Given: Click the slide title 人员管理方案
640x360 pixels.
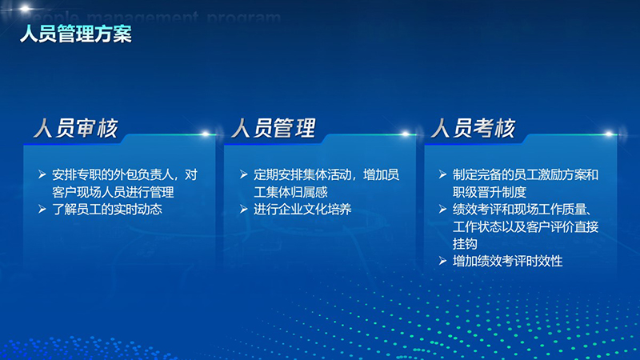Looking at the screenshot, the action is (76, 34).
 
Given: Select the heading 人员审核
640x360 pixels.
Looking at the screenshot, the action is (76, 128).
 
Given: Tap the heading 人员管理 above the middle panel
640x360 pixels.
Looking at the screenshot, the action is (274, 128).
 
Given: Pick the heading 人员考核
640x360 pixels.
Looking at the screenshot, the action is (474, 128).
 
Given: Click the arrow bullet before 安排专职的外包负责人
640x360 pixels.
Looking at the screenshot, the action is (42, 174).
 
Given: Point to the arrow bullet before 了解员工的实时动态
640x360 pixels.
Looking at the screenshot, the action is (42, 210).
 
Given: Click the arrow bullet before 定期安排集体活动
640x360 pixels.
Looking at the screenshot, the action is (244, 174).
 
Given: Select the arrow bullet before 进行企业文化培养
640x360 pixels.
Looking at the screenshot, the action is (244, 210).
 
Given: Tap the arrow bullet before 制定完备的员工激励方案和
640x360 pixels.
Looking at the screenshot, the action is (443, 174).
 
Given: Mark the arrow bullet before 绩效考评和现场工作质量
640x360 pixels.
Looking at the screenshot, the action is (443, 210).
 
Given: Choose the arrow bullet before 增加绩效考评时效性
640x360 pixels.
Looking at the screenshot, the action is (443, 261).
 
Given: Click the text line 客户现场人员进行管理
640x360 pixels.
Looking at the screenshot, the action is (113, 192).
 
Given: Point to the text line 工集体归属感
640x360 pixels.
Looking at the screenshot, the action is (290, 192).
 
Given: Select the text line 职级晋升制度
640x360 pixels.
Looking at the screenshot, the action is (490, 192).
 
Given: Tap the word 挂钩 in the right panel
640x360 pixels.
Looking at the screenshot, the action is (465, 244).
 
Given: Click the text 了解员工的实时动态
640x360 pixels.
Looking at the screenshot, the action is (107, 210).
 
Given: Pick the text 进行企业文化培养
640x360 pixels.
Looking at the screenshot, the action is (302, 210).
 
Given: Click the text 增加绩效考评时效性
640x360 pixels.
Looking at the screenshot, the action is (508, 261).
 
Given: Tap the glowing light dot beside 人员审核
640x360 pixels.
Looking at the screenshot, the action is (206, 134).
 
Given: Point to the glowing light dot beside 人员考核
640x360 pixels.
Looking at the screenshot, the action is (609, 134).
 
